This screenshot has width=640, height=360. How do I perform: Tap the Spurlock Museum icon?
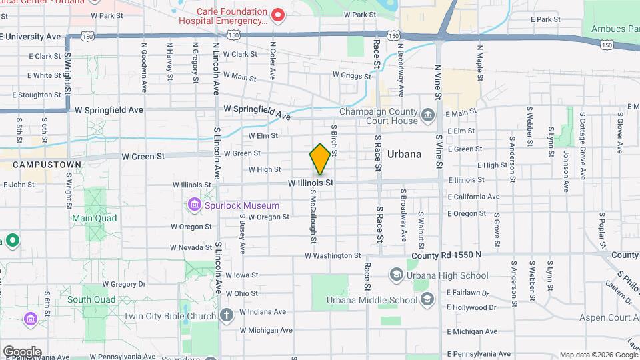point(195,203)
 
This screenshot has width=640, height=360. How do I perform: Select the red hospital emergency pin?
point(279,14)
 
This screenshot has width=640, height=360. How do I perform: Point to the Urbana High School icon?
point(397,275)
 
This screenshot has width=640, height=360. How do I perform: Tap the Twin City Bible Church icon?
point(227,315)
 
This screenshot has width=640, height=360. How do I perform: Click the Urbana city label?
point(405,154)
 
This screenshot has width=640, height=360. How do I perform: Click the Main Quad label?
point(95,218)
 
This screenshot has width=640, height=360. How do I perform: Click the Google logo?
point(21,351)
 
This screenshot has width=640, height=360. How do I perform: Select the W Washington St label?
point(333,255)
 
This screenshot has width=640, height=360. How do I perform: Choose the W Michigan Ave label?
point(266,330)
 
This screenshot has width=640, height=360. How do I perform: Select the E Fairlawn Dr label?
point(468,292)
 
